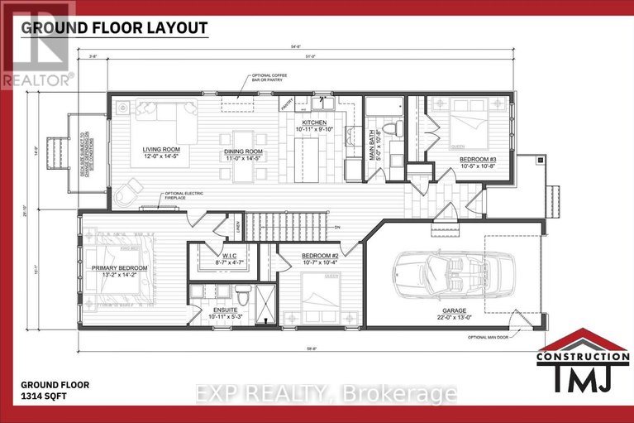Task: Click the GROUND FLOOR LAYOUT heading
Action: pos(113,27)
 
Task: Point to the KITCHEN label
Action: pos(312,124)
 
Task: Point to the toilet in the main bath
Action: pos(395,129)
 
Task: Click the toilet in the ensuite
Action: pos(242,295)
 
